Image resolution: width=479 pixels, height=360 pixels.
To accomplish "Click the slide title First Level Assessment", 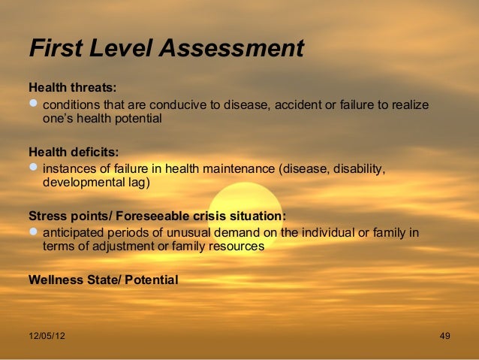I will coord(166,48).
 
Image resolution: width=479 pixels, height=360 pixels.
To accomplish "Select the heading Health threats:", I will coord(72,88).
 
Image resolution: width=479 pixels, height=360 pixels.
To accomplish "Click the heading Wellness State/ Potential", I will coord(103,280).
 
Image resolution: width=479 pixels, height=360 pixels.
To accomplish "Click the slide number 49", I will coord(444,335).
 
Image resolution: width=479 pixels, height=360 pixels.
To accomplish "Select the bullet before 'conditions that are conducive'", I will coord(34,104).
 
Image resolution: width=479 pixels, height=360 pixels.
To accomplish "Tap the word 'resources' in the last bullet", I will coord(238,247).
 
